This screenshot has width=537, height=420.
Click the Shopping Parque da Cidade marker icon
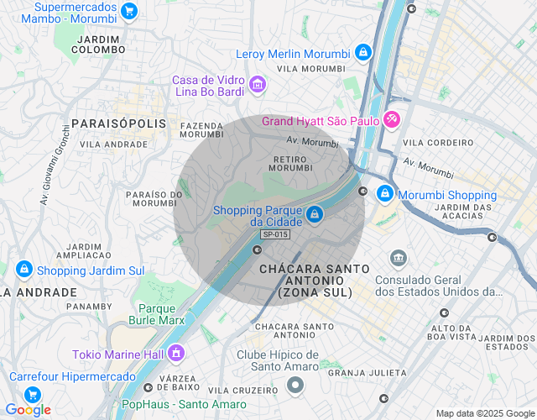click(314, 214)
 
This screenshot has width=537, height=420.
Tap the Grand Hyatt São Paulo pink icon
click(392, 120)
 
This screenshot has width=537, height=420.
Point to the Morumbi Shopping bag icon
click(384, 194)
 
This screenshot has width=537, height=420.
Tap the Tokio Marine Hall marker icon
click(176, 354)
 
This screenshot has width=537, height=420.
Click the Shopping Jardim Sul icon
click(23, 270)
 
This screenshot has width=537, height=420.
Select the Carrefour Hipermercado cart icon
click(33, 394)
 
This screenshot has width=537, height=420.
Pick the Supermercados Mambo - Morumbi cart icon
click(128, 11)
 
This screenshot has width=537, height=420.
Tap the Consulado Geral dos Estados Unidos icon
click(399, 257)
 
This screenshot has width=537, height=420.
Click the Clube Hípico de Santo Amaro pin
click(295, 386)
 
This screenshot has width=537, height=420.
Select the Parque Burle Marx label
click(157, 313)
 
